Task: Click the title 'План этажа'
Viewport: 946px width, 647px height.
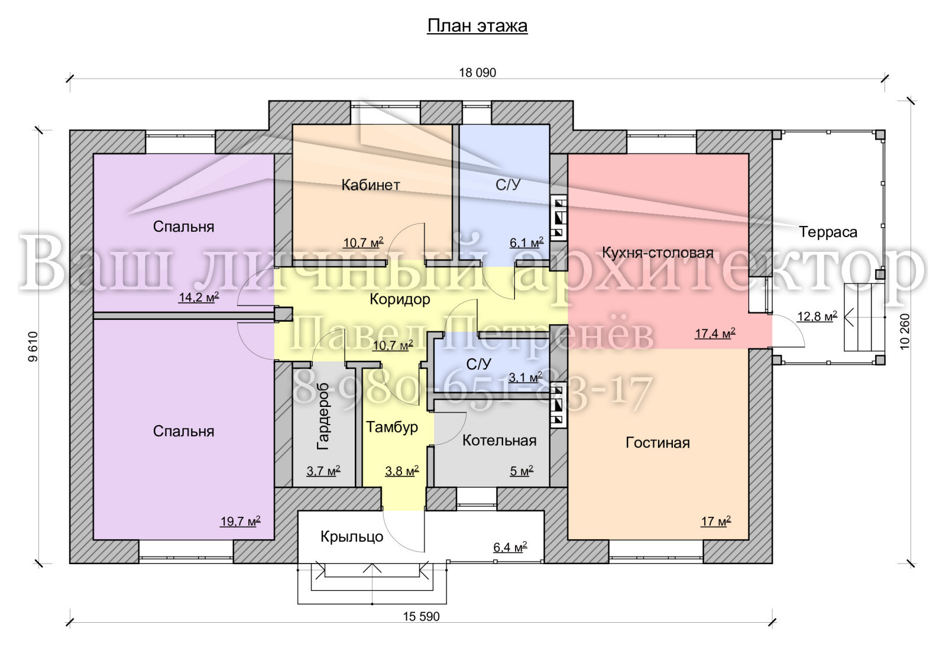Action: click(477, 26)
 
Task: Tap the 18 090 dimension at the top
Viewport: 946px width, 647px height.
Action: click(478, 73)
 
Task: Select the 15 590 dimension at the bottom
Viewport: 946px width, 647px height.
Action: click(421, 617)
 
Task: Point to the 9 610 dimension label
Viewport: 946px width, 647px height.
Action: click(33, 347)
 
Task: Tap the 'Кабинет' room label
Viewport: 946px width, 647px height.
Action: click(370, 185)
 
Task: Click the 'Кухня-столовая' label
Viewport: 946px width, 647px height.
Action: click(657, 253)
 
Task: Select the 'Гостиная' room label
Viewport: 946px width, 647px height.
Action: click(657, 442)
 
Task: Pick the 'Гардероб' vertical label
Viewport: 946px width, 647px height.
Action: click(323, 416)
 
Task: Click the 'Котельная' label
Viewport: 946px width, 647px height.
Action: click(499, 441)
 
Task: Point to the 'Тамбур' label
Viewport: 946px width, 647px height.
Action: click(392, 427)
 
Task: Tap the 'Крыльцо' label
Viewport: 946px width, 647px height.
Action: click(352, 537)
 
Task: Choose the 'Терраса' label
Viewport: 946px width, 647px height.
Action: click(828, 232)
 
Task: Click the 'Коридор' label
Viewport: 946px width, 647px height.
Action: click(400, 299)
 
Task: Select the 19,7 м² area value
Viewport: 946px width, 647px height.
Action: click(240, 522)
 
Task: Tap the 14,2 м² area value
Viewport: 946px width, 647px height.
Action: click(199, 297)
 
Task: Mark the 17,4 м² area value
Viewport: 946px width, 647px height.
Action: click(715, 334)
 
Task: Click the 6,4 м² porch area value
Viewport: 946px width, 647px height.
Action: click(510, 547)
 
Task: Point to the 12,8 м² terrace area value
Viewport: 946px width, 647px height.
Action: click(817, 316)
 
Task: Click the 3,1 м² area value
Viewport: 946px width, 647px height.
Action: click(526, 377)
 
